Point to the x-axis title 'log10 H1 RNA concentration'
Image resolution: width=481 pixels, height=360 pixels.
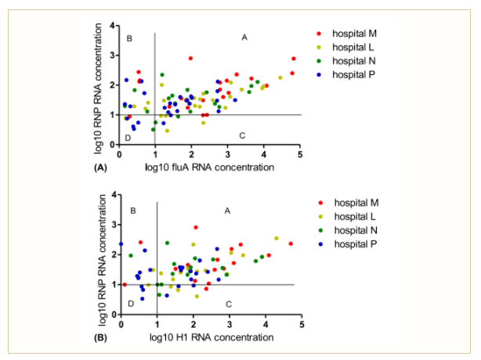pos(209,337)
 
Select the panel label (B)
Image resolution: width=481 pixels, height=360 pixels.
pos(99,337)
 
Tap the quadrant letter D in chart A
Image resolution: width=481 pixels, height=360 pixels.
pos(128,138)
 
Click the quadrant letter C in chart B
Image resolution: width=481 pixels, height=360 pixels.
pos(229,303)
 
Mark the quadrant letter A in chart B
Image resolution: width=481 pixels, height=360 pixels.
pos(228,211)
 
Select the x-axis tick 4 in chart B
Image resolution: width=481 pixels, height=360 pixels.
pos(266,324)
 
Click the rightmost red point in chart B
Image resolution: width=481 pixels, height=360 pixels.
pos(291,243)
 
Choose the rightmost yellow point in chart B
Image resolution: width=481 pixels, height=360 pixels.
pos(277,238)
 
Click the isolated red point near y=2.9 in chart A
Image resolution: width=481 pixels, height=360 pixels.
pos(190,58)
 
